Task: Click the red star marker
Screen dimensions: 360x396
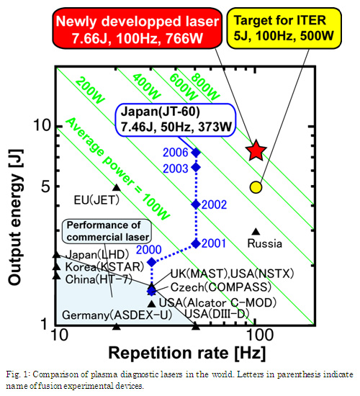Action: click(x=256, y=150)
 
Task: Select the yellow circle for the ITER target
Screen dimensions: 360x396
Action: click(x=256, y=187)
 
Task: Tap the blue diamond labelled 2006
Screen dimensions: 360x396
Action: click(x=196, y=153)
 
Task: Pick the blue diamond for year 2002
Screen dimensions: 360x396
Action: click(x=196, y=204)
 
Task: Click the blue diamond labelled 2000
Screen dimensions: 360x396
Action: click(x=152, y=262)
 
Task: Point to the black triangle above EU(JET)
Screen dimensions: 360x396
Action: click(x=116, y=187)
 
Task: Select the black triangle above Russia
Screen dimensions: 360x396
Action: click(x=256, y=231)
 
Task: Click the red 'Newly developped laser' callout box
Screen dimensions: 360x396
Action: click(x=138, y=28)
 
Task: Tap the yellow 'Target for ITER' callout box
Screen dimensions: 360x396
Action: click(x=284, y=28)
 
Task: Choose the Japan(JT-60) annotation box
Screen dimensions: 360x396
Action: click(x=176, y=120)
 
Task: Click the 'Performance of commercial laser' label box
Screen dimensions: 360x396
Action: click(x=107, y=231)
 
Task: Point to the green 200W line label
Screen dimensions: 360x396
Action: click(x=90, y=90)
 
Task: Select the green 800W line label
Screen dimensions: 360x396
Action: click(x=205, y=86)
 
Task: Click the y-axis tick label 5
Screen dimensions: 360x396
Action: click(x=47, y=187)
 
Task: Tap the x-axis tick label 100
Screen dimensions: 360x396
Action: click(x=256, y=335)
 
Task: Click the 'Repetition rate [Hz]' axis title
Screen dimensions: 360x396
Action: click(x=187, y=353)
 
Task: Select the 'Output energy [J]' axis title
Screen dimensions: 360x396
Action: click(x=16, y=217)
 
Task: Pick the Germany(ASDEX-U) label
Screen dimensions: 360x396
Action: click(x=117, y=315)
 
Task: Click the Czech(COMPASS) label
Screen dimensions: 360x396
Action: click(x=221, y=287)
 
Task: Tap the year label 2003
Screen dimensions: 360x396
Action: click(x=176, y=168)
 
